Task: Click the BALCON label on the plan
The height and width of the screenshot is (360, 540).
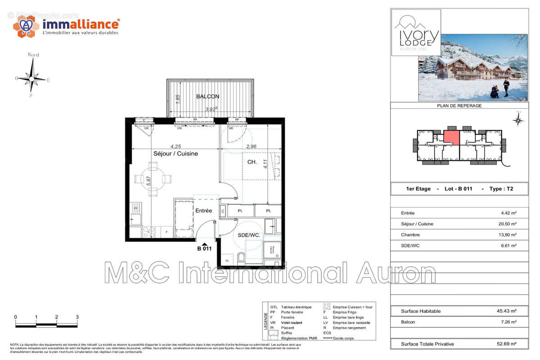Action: click(x=207, y=96)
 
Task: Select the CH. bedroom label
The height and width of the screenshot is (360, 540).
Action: click(x=252, y=162)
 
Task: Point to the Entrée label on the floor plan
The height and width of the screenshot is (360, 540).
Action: click(x=203, y=211)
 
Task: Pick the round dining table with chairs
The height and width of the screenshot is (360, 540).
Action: click(x=153, y=179)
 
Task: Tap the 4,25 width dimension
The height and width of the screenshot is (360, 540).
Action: click(x=175, y=146)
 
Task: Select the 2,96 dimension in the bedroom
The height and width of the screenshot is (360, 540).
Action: click(x=251, y=146)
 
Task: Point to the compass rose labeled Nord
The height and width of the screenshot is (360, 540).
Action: click(x=31, y=78)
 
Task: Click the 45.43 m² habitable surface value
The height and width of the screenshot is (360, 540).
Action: click(x=506, y=311)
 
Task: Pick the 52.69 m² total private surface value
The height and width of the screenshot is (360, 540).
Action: click(x=506, y=344)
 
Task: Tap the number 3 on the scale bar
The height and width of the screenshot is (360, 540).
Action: click(x=77, y=317)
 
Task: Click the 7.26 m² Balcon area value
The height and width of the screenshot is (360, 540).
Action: click(x=508, y=322)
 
